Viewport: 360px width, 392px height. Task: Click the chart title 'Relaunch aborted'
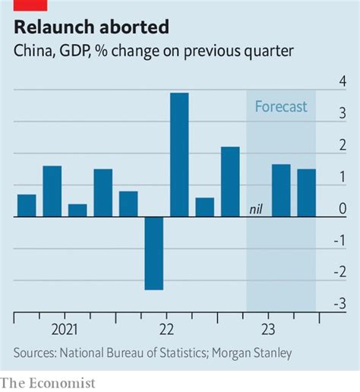pyautogui.click(x=90, y=28)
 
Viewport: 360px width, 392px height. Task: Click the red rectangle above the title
pyautogui.click(x=30, y=5)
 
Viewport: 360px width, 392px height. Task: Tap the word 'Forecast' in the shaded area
pyautogui.click(x=281, y=106)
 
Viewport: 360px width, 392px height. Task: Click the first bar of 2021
pyautogui.click(x=27, y=205)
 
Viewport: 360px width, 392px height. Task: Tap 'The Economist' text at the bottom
pyautogui.click(x=47, y=383)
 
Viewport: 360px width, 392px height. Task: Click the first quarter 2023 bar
pyautogui.click(x=230, y=182)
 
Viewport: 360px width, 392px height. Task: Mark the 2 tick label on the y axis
pyautogui.click(x=343, y=145)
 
